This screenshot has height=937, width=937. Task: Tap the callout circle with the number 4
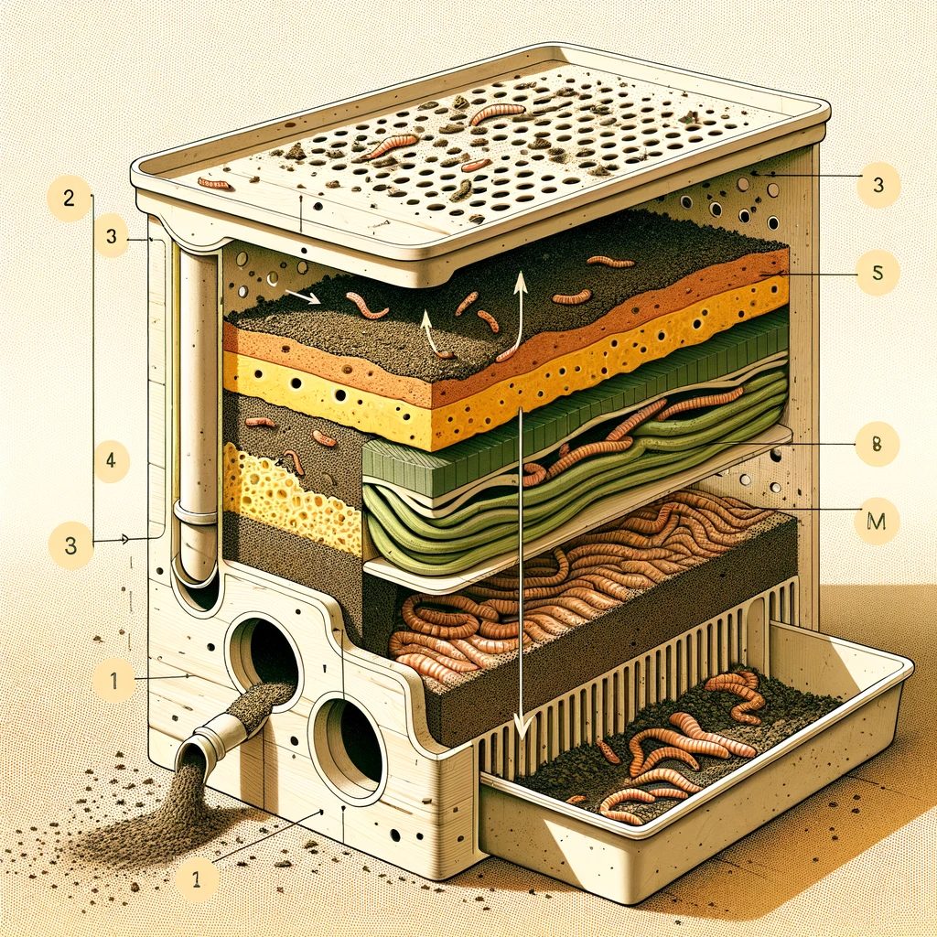click(110, 460)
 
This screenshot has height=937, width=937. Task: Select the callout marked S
click(878, 272)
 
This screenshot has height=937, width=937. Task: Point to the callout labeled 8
click(878, 445)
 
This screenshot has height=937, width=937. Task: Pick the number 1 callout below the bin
click(198, 880)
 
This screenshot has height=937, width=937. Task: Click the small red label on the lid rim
click(216, 184)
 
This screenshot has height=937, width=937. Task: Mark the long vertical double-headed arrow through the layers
click(521, 567)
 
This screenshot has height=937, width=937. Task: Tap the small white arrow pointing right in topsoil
click(301, 296)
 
